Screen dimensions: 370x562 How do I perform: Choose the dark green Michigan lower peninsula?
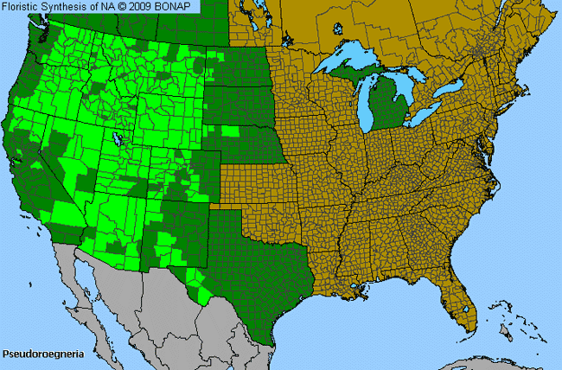(x=386, y=108)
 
